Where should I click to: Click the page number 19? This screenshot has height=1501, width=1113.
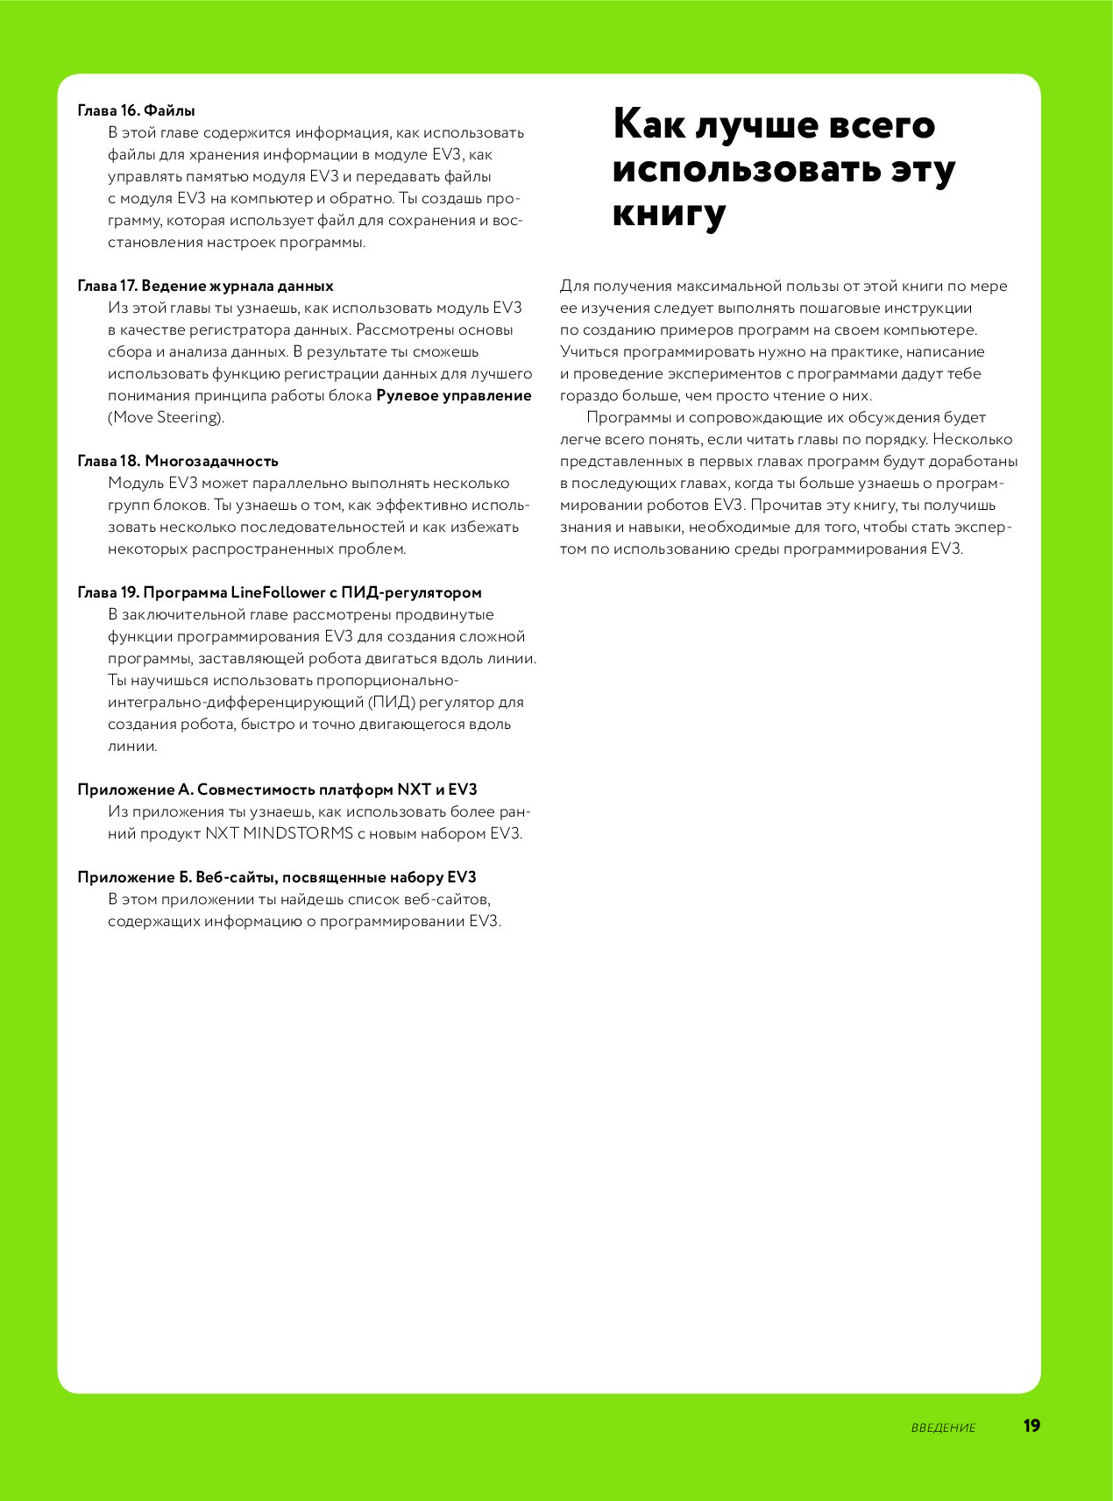tap(1031, 1426)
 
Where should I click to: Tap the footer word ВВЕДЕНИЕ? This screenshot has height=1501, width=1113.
tap(943, 1427)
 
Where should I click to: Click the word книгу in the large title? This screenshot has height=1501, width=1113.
tap(670, 213)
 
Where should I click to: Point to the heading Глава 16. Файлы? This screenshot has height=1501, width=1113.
tap(136, 110)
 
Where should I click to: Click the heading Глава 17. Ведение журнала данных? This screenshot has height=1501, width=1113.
tap(205, 286)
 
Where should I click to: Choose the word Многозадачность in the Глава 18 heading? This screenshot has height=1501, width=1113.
tap(211, 461)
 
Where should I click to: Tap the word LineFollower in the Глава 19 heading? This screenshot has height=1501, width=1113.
tap(278, 592)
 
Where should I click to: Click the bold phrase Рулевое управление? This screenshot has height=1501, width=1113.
tap(453, 395)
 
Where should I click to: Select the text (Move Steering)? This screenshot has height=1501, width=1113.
tap(167, 417)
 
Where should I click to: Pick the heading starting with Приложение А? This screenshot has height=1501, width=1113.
tap(277, 789)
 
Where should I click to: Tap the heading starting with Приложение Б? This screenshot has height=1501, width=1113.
tap(277, 877)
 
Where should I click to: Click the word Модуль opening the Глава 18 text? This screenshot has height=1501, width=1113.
tap(136, 483)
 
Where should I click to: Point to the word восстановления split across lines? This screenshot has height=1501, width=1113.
tap(507, 220)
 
